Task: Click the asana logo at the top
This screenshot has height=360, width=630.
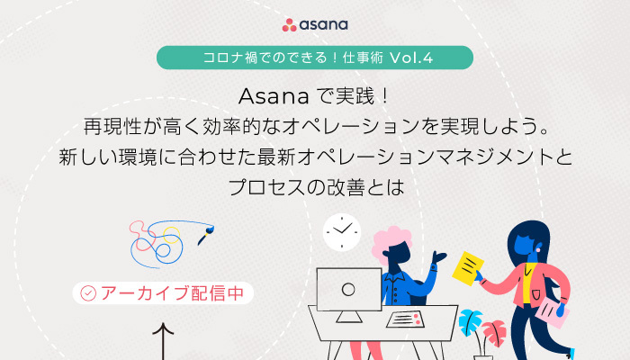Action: click(315, 25)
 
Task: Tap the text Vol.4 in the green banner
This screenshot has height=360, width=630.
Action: click(411, 58)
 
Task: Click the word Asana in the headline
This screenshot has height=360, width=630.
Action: click(274, 96)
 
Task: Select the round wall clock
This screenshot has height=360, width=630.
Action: click(342, 232)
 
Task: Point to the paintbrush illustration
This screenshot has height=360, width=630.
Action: click(206, 236)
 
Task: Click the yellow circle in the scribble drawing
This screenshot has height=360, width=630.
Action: click(172, 235)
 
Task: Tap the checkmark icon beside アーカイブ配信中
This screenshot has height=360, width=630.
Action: click(88, 293)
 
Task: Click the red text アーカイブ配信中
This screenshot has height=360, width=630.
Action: click(173, 293)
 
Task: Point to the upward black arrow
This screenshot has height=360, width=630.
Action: click(163, 341)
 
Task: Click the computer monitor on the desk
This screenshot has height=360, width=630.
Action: click(349, 294)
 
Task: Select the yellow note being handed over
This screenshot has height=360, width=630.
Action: click(468, 268)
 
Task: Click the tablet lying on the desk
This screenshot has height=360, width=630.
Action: click(405, 319)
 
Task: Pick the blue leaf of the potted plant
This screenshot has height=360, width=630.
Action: click(470, 321)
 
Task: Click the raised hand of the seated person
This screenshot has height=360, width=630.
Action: click(439, 257)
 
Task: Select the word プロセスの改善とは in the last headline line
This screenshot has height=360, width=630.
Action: click(316, 187)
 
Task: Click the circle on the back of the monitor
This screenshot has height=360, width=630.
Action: click(348, 289)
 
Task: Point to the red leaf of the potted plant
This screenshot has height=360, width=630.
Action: click(495, 332)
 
